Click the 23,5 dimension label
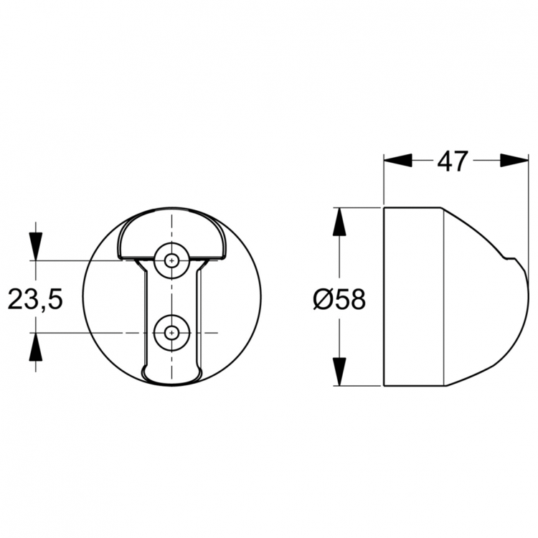pos(35,298)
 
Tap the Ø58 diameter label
pos(339,298)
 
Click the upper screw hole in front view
pos(171,261)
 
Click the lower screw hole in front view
pos(171,332)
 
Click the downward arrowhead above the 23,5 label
pos(34,245)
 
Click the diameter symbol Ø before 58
pos(323,298)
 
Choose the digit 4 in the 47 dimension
pos(445,161)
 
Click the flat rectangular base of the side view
pos(414,297)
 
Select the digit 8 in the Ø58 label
pos(357,298)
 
